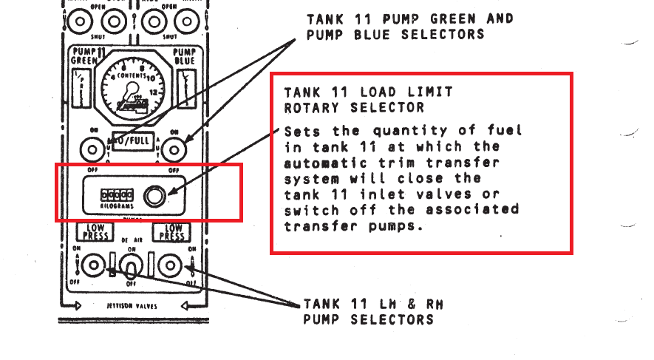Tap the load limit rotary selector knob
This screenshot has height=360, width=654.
pos(155,196)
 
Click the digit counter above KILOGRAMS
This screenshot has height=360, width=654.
pos(117,195)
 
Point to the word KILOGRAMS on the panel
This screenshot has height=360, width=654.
pos(117,206)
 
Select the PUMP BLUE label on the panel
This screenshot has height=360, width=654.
pos(184,57)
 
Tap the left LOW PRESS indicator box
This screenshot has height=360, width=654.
pos(94,232)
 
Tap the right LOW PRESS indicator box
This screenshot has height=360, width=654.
pos(172,232)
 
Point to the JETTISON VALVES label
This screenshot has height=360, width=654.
pos(132,305)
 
